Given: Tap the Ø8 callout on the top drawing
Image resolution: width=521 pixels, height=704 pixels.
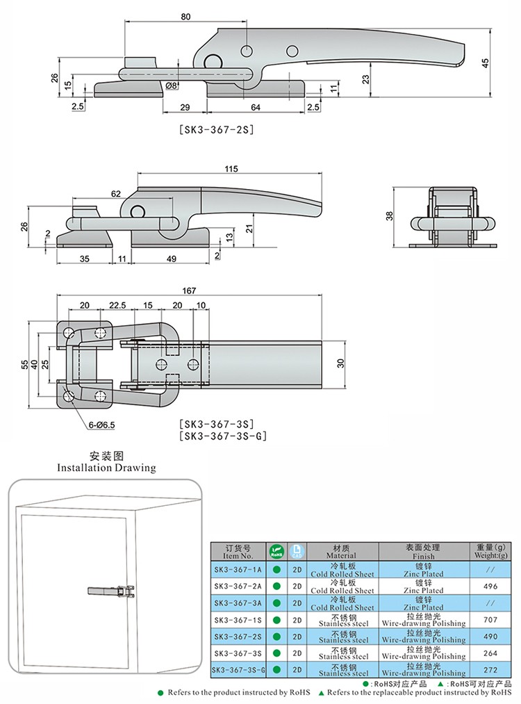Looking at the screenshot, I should tap(172, 85).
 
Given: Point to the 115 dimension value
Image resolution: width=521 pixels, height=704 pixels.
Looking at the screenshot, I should tap(231, 169).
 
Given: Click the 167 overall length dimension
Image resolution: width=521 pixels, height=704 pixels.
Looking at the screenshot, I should tap(190, 290).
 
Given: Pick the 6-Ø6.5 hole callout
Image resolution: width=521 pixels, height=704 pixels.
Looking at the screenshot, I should tap(101, 424).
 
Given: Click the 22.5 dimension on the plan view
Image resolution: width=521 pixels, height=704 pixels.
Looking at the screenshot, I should tap(117, 306).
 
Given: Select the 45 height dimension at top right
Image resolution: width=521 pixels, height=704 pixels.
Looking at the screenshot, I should tap(486, 63).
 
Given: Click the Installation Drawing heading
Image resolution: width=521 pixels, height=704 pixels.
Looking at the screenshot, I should tap(106, 468).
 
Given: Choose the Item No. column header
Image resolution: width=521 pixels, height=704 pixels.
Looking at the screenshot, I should tap(235, 552).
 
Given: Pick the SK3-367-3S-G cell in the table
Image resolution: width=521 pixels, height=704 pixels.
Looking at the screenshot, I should tap(235, 669).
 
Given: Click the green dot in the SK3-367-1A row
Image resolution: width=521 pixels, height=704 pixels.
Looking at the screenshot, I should tap(276, 570).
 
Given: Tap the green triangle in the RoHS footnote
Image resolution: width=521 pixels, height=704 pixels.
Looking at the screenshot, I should tap(322, 693).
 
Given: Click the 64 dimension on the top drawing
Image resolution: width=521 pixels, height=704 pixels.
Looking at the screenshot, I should tap(256, 107).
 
